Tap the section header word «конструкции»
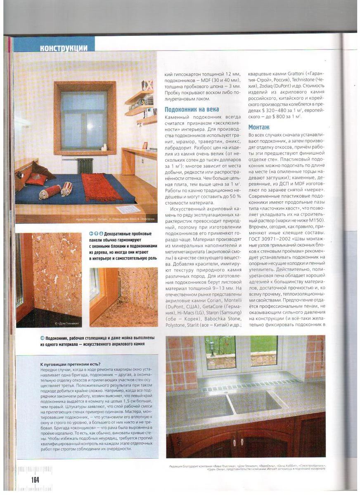pyautogui.click(x=64, y=48)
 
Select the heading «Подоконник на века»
pyautogui.click(x=192, y=109)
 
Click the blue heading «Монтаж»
pyautogui.click(x=258, y=127)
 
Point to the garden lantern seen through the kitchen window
pyautogui.click(x=212, y=347)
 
